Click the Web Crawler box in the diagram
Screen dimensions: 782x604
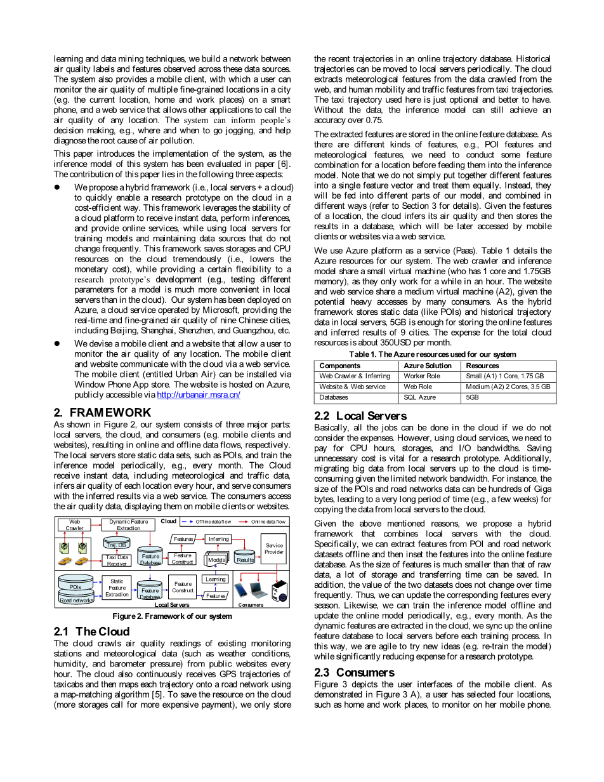pos(74,525)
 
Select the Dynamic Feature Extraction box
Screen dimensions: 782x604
pos(128,525)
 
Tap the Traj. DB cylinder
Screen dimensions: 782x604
pos(116,543)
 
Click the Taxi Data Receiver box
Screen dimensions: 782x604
pos(117,560)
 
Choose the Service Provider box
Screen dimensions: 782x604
pos(274,548)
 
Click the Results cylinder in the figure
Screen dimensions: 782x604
pos(245,558)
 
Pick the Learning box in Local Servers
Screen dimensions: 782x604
pos(215,579)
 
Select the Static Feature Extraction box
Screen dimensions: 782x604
pos(117,588)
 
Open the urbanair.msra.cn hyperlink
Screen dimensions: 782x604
pos(198,395)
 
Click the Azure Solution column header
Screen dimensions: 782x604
pos(428,366)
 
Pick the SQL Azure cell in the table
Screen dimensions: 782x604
pos(419,397)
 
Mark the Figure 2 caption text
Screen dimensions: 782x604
pos(172,616)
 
